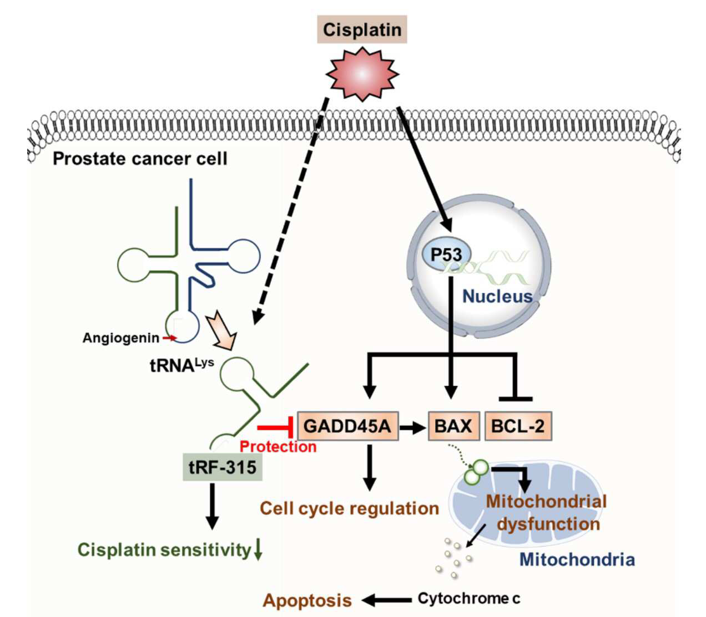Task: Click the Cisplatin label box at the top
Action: coord(362,29)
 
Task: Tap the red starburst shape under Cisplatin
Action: coord(362,74)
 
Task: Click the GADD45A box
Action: coord(348,426)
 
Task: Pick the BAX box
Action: coord(454,426)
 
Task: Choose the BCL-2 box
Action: coord(518,426)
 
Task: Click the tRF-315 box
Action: coord(223,467)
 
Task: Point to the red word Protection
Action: coord(278,447)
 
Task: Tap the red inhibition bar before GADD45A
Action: coord(275,428)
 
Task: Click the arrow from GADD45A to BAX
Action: coord(413,428)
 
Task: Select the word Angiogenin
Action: coord(121,338)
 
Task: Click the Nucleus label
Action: coord(497,296)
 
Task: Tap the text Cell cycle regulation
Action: coord(349,508)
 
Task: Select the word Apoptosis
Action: coord(307,600)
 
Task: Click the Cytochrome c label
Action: coord(468,598)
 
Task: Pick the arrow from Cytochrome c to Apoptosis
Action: coord(386,600)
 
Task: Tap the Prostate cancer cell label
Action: coord(140,159)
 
